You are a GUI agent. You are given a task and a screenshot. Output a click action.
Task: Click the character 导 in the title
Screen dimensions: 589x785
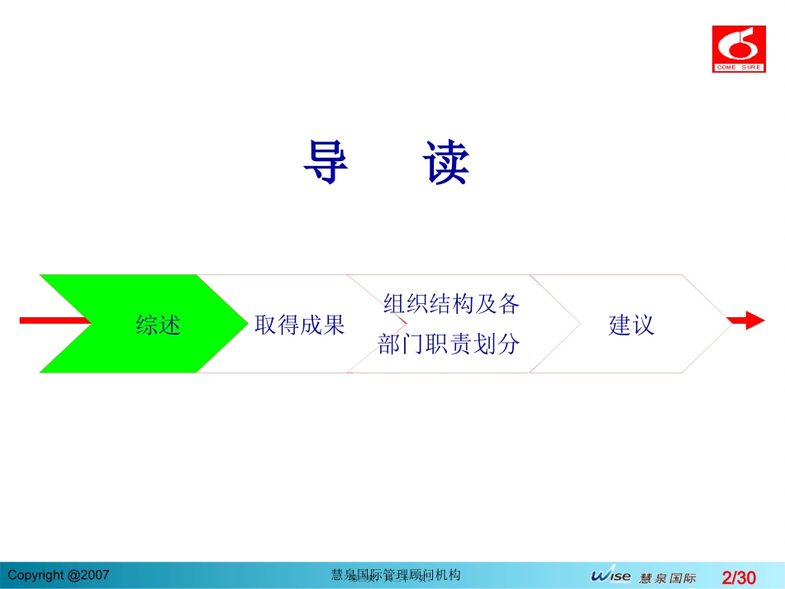[326, 162]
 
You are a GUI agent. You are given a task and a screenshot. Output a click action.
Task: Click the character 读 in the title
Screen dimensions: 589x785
[447, 162]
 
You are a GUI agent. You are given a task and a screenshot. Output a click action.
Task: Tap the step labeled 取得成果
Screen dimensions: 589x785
[299, 325]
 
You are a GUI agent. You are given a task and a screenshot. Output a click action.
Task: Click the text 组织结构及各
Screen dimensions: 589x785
[451, 304]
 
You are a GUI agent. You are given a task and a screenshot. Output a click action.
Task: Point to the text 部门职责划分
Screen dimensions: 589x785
[449, 344]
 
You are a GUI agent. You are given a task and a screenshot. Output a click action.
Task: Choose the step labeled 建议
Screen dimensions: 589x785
[631, 325]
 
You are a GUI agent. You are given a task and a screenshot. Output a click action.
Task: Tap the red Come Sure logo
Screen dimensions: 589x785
[739, 49]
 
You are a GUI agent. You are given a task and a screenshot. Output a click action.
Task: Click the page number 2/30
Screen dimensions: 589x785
[739, 577]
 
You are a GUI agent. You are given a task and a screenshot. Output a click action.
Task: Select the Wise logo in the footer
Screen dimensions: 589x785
[611, 576]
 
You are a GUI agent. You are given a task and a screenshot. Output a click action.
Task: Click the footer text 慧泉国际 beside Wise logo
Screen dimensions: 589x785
[668, 577]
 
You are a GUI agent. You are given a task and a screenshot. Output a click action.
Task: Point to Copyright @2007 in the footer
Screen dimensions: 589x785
[58, 575]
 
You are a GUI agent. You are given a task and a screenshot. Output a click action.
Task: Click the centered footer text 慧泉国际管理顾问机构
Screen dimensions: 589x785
[395, 575]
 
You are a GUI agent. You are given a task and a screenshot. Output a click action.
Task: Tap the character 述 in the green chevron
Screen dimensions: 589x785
[169, 325]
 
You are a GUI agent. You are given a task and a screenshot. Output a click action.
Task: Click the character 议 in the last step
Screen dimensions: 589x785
[643, 325]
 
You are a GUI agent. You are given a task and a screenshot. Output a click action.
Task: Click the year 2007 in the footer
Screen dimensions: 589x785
[95, 575]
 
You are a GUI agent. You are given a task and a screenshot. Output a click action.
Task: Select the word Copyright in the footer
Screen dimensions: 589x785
[34, 575]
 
